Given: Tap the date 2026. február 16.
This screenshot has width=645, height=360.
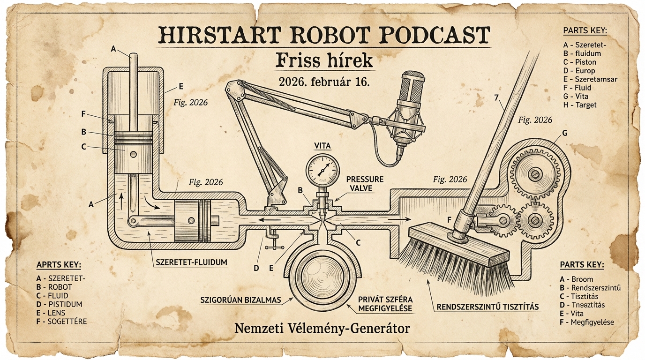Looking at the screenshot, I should coord(324,82).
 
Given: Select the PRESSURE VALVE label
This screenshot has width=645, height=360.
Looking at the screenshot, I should coord(365,184).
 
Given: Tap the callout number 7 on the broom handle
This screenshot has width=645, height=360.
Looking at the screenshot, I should coord(496,98).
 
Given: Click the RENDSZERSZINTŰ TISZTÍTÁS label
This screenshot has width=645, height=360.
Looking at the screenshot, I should coord(487,307).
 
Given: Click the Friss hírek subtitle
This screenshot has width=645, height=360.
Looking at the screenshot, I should coord(324,61).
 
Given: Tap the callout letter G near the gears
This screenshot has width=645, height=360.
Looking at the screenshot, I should coord(564,134).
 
